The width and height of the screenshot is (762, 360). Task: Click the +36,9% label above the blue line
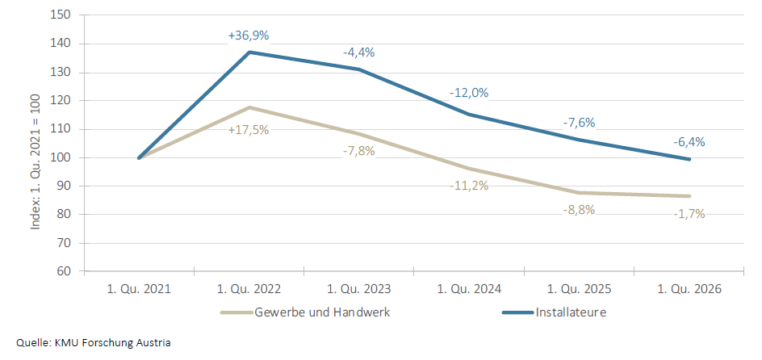249,36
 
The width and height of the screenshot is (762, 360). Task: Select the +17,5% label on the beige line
249,129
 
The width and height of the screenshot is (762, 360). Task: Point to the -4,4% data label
358,52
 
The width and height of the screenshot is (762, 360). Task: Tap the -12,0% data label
469,93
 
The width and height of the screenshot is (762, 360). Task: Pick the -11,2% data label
469,186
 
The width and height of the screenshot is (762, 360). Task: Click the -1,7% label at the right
689,214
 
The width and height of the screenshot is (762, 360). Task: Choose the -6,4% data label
689,141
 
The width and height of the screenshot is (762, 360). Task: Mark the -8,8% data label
579,211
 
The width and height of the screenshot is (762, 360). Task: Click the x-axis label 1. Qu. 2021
139,289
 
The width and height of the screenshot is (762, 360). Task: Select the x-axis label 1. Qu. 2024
469,289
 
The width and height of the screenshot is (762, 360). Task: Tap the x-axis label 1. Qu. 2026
689,289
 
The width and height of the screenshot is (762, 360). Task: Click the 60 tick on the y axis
65,271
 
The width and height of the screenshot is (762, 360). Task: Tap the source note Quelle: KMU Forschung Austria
94,342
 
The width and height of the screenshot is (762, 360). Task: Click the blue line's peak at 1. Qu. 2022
249,52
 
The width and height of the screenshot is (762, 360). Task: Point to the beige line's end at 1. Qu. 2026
689,196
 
